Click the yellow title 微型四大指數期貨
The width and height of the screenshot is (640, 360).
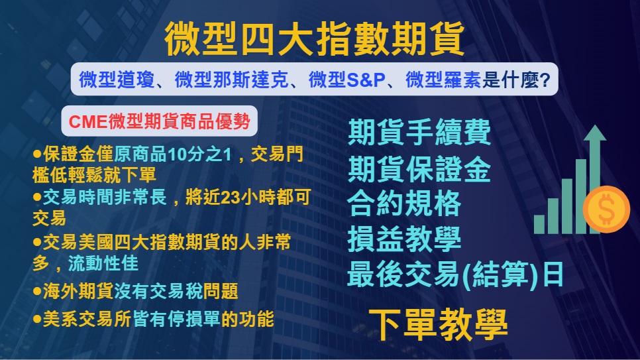click(314, 39)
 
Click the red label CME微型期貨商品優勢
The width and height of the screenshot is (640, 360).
click(159, 121)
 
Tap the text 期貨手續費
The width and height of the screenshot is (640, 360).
click(419, 132)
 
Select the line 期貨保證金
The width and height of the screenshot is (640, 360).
click(419, 168)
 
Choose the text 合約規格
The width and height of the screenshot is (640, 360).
click(404, 204)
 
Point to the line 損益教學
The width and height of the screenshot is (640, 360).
click(404, 239)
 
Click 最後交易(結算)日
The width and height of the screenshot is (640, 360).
click(456, 274)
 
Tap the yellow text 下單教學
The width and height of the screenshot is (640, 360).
click(439, 324)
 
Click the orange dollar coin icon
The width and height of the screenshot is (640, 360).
click(606, 210)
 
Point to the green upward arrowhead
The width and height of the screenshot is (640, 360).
click(595, 133)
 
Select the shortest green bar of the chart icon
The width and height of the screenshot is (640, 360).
click(539, 224)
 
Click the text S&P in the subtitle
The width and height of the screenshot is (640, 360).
click(366, 80)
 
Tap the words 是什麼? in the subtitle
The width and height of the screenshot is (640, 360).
click(516, 80)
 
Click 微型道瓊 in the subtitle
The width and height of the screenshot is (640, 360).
click(117, 80)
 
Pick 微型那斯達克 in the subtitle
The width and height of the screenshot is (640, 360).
click(232, 80)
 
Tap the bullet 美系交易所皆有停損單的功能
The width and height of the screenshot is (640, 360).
click(154, 319)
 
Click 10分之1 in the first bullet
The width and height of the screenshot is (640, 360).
click(199, 154)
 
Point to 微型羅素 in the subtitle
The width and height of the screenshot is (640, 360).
click(443, 80)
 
